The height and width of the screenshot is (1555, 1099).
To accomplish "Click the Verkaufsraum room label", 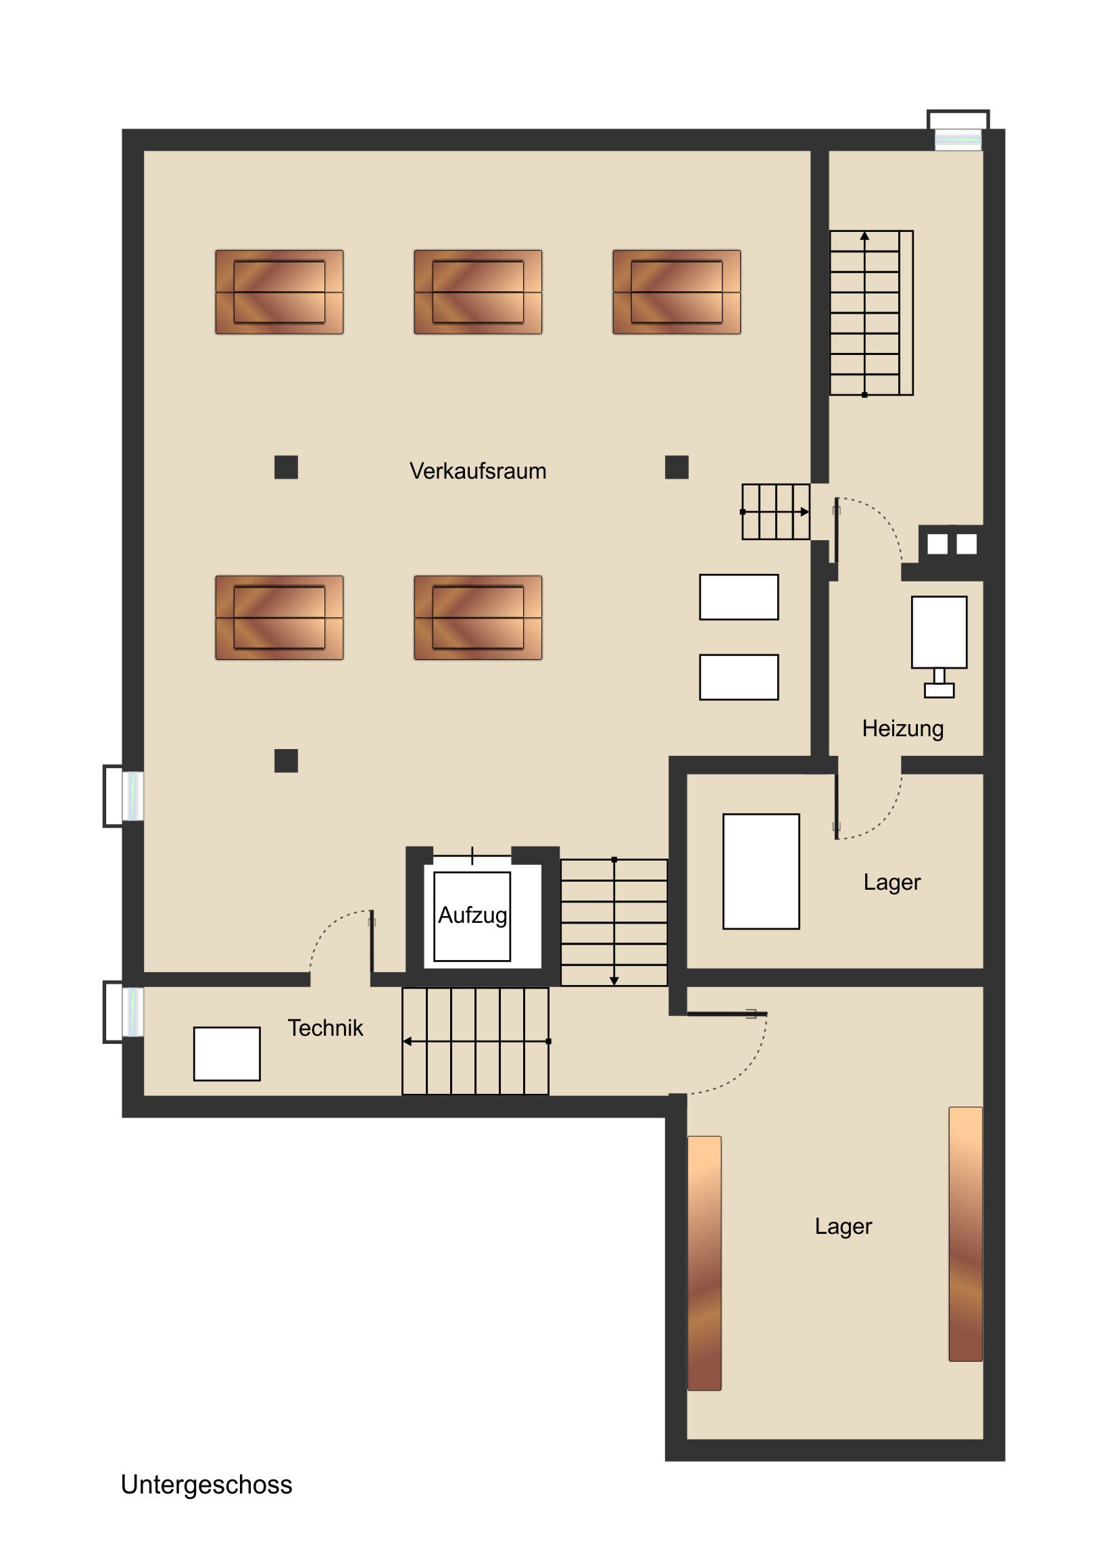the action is coord(477,471).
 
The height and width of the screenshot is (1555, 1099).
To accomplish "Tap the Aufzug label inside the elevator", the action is coord(472,915).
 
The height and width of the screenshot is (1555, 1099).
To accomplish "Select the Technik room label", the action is coord(325,1028).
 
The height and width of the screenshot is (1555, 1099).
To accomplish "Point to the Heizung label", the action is coord(902,729).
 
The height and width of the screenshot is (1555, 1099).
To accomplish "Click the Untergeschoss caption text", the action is coord(207,1485).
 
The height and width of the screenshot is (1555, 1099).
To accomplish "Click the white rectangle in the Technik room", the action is coord(227,1054).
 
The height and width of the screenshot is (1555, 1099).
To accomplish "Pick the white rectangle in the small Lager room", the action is coord(761,871).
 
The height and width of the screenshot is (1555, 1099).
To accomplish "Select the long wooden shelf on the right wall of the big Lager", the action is coord(966,1233).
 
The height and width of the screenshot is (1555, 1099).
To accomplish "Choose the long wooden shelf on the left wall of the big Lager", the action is coord(704,1263).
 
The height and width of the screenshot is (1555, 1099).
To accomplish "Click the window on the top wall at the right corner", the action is coord(958,131).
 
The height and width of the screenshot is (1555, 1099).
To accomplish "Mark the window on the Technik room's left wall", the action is coord(123,1012).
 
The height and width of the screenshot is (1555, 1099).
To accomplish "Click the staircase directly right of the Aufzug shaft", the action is coord(614,922).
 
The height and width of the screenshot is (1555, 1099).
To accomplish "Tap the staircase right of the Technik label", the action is coord(475,1041).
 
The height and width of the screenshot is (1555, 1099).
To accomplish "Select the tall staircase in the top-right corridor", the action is coord(871,313).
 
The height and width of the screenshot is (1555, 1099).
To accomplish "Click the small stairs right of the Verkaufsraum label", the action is coord(776,512).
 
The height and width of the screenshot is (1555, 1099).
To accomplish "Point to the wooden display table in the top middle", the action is coord(478,292).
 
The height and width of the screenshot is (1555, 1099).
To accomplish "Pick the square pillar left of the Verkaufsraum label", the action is coord(286,467).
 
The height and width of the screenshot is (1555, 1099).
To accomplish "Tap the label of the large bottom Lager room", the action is coord(843,1226).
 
